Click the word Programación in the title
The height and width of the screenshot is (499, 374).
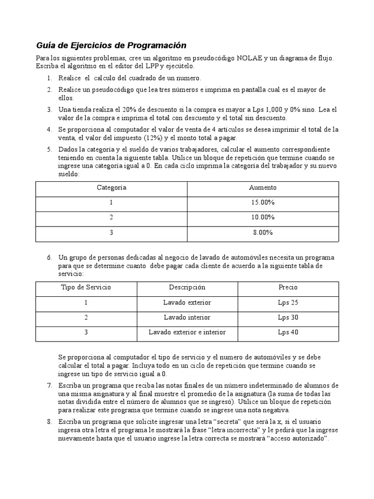pos(157,45)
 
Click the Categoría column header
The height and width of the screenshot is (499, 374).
pos(112,188)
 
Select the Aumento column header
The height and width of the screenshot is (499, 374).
pos(262,188)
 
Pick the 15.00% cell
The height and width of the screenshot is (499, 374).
pos(262,203)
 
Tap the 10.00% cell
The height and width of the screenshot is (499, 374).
pos(262,217)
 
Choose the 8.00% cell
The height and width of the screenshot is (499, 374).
pos(262,232)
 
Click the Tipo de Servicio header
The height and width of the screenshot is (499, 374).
pos(86,287)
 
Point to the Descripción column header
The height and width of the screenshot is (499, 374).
pos(187,287)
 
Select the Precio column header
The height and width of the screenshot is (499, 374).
pos(288,287)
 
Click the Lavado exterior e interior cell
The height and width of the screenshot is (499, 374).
pos(187,332)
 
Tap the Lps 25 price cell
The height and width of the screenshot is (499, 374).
pos(288,302)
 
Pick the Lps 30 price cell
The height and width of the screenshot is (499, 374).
pos(288,317)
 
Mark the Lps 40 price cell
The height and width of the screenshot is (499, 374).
pos(288,332)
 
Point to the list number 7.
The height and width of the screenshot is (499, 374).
pos(49,386)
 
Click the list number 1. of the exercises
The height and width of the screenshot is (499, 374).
pos(49,78)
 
